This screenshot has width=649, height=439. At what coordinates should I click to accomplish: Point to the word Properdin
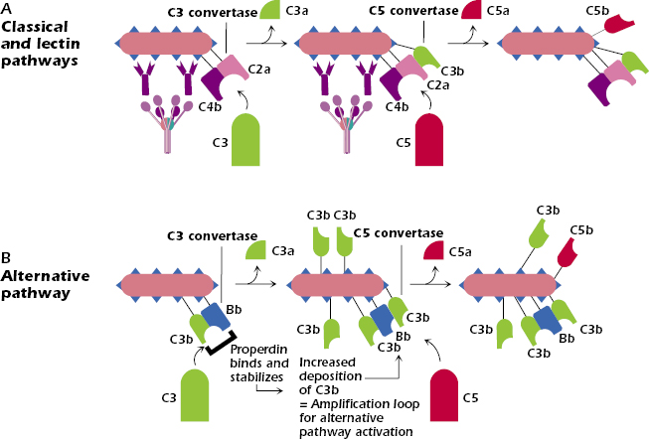click(257, 349)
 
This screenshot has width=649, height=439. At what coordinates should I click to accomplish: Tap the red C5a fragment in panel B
click(434, 253)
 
